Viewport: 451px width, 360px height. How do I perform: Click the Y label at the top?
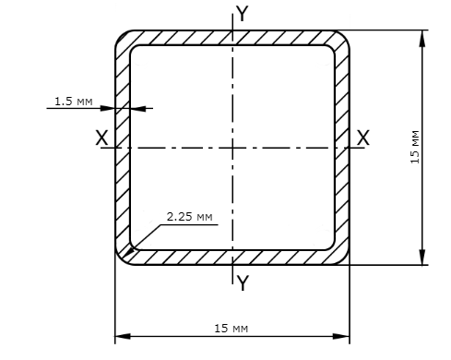243,14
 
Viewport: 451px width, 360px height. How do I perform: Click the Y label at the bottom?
243,283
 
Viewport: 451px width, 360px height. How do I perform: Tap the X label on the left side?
101,138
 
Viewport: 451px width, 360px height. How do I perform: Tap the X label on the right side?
362,138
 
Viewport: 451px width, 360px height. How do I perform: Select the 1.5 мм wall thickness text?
74,102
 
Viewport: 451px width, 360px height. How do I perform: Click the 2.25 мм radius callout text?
189,217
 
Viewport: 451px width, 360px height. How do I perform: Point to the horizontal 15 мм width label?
231,329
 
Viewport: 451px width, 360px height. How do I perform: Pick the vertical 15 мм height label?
415,147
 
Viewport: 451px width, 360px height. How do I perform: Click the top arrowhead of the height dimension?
422,38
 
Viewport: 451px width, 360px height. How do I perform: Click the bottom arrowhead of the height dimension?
422,257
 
